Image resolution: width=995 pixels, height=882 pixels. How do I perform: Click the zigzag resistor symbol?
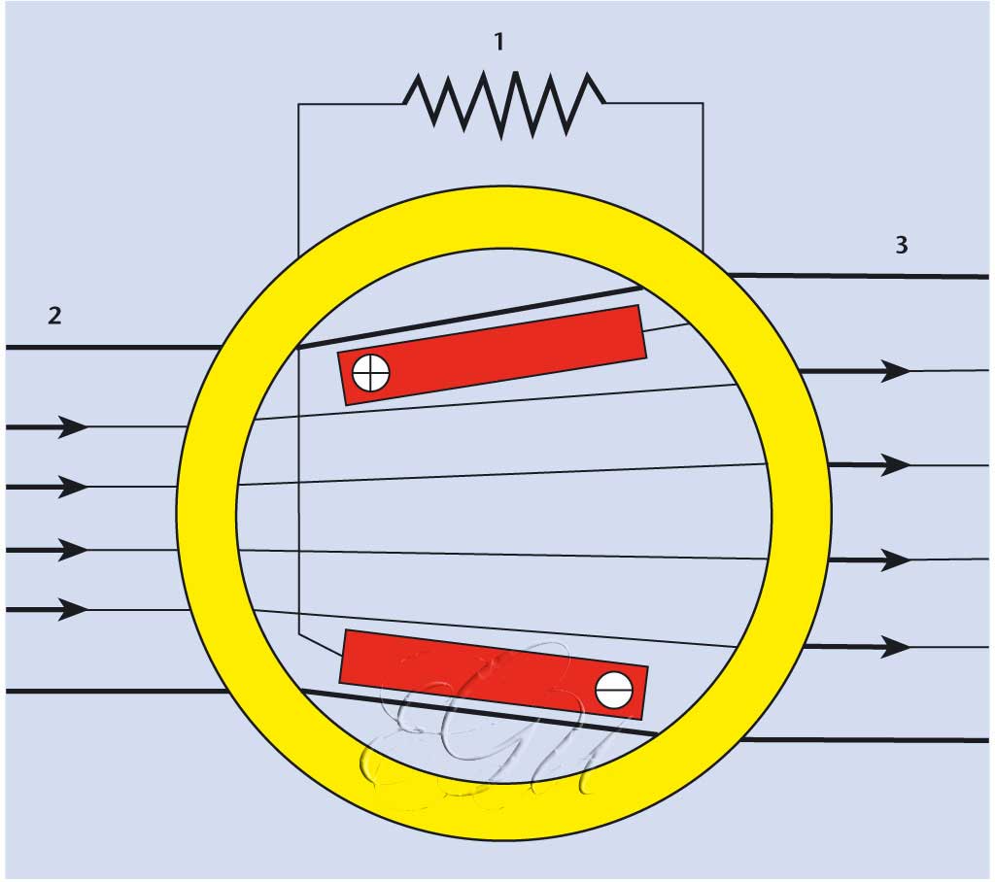click(x=503, y=103)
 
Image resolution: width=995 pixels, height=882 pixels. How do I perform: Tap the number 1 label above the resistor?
click(x=499, y=42)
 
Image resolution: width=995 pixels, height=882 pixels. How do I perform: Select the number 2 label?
click(x=54, y=315)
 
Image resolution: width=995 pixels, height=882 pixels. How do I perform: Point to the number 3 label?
click(x=902, y=245)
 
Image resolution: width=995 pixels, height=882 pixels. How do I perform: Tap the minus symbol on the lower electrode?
click(x=614, y=690)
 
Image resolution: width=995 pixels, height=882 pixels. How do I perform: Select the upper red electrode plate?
click(x=492, y=354)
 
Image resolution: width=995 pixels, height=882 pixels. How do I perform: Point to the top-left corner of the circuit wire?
click(x=298, y=104)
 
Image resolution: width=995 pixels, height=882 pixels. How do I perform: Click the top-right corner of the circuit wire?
click(x=703, y=104)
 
